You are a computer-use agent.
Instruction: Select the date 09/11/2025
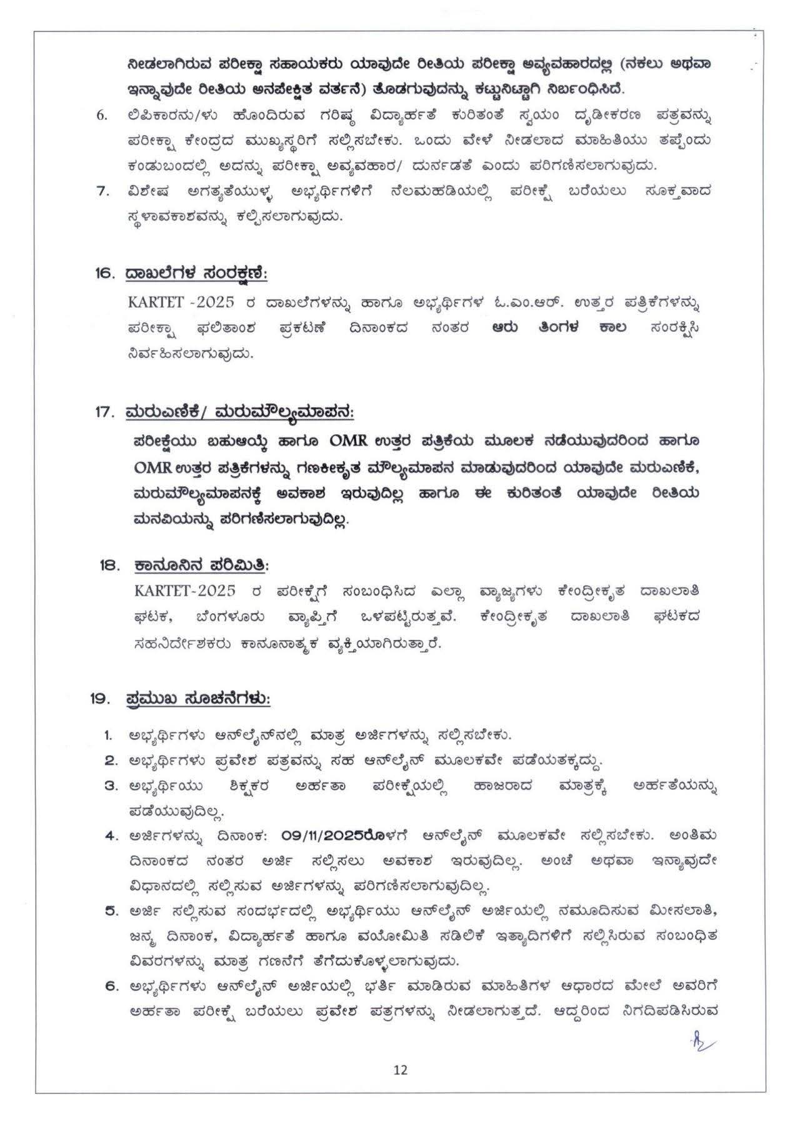tap(324, 835)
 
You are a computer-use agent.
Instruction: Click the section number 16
tap(106, 273)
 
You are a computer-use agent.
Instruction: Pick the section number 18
tap(109, 565)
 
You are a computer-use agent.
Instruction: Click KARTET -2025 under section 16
tap(181, 302)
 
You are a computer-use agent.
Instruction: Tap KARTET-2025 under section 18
tap(184, 591)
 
